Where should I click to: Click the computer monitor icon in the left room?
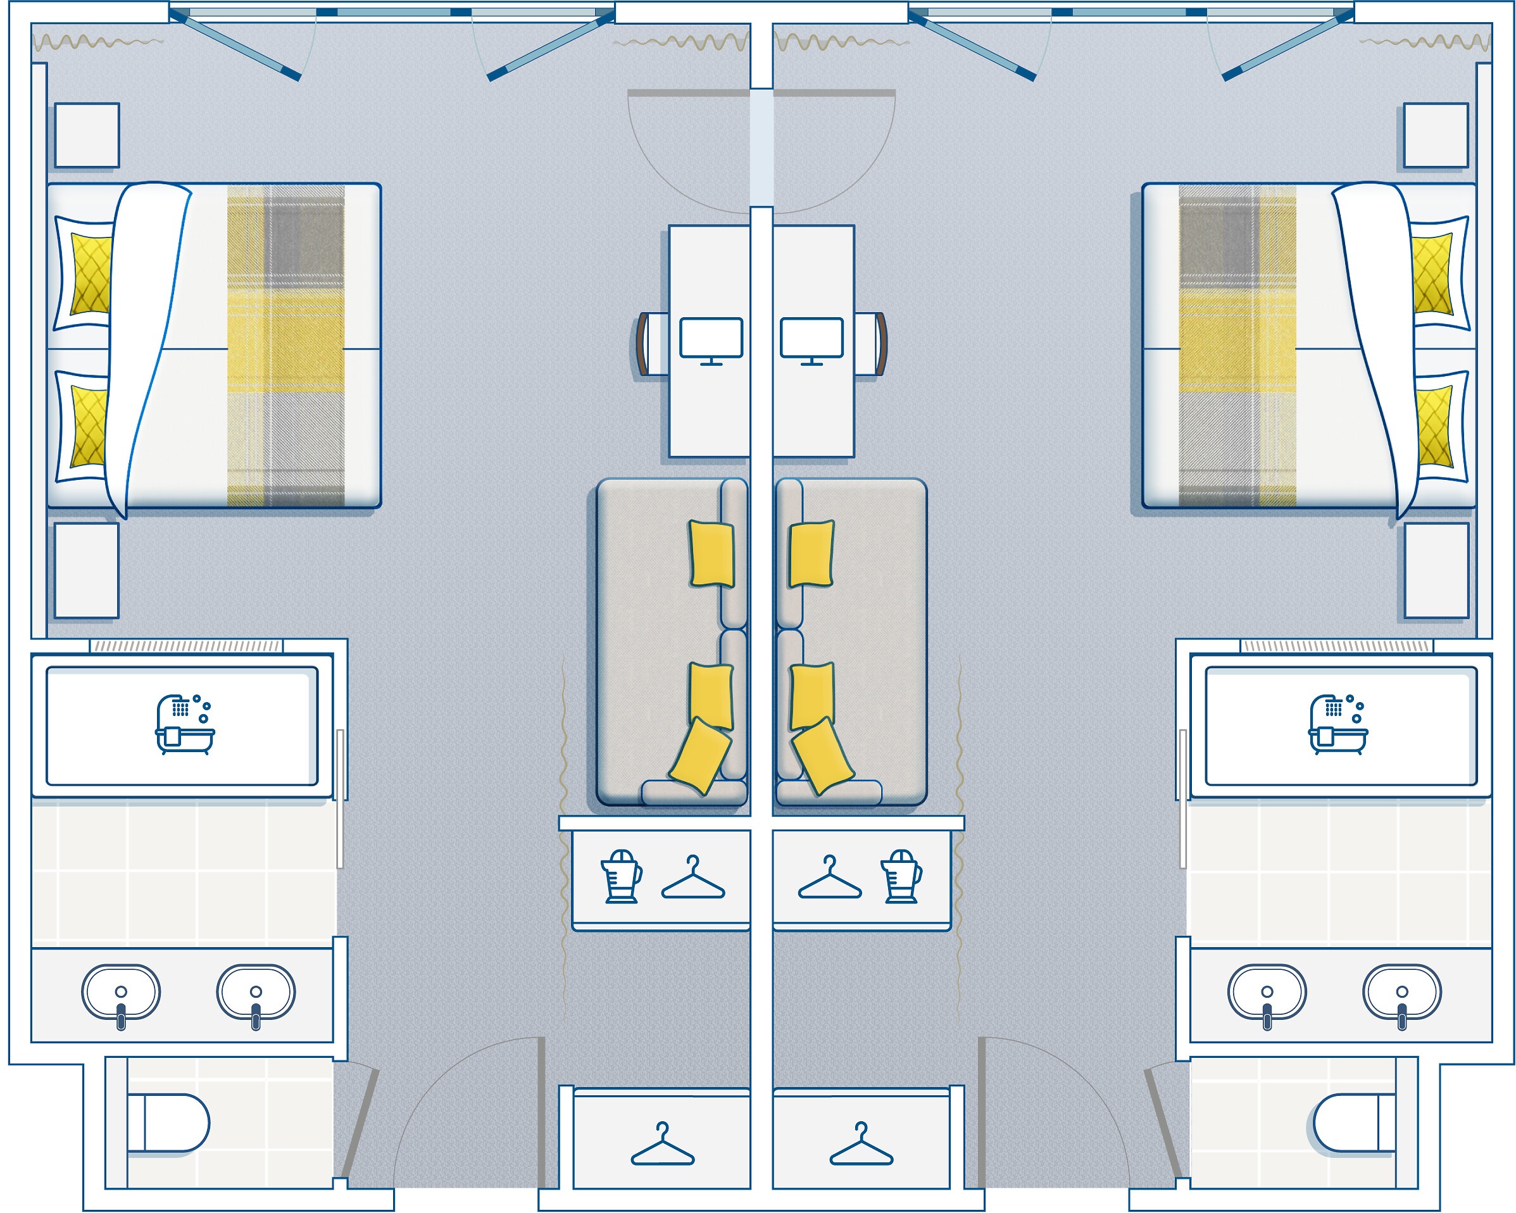(711, 339)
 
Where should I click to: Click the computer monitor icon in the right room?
(811, 339)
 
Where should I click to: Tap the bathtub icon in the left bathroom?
(184, 724)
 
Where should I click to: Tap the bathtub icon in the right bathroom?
(1337, 724)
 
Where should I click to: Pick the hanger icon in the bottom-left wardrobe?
(662, 1144)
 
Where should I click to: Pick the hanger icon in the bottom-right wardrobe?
(861, 1144)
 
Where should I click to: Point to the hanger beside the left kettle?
(693, 878)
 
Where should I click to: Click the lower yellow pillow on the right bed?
(1433, 426)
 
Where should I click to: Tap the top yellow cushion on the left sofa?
(711, 553)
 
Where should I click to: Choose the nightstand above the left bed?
(87, 135)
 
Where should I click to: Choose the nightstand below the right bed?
(1436, 570)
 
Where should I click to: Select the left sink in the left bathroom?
(121, 993)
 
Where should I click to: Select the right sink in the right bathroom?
(1402, 993)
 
